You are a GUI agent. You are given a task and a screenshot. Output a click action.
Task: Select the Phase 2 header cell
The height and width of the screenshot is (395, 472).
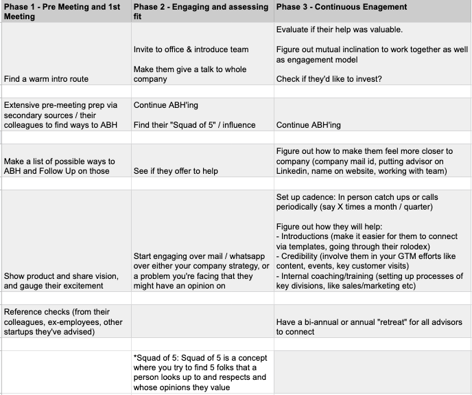coord(201,12)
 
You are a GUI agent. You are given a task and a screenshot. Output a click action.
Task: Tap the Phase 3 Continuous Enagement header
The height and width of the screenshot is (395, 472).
coord(341,7)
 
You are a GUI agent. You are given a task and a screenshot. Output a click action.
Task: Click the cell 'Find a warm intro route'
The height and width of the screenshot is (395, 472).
coord(46,79)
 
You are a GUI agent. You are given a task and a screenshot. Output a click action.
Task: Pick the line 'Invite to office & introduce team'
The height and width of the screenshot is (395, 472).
coord(191,49)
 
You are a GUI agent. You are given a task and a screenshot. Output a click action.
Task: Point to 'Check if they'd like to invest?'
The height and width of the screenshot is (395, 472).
coord(329,79)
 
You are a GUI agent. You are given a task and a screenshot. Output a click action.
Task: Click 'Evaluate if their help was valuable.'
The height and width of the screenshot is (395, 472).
coord(340,30)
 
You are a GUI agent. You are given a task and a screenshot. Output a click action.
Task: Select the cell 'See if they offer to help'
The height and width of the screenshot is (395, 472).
coord(176,171)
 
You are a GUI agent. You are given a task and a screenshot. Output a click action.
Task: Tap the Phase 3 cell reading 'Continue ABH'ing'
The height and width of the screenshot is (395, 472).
coord(308,125)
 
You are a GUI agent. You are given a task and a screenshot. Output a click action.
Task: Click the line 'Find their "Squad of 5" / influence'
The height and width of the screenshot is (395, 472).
coord(194,125)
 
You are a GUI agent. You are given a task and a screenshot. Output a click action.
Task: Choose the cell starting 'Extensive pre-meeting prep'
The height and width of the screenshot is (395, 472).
coord(62,115)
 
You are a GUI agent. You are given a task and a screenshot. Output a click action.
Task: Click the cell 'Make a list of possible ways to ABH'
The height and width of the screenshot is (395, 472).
coord(59,166)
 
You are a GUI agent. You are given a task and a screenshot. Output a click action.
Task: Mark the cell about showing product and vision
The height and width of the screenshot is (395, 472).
coord(63,280)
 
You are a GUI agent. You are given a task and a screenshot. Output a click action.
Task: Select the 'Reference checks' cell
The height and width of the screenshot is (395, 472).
coord(63,322)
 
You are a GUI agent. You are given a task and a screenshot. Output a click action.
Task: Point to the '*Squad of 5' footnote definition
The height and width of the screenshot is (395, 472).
coord(200,372)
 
